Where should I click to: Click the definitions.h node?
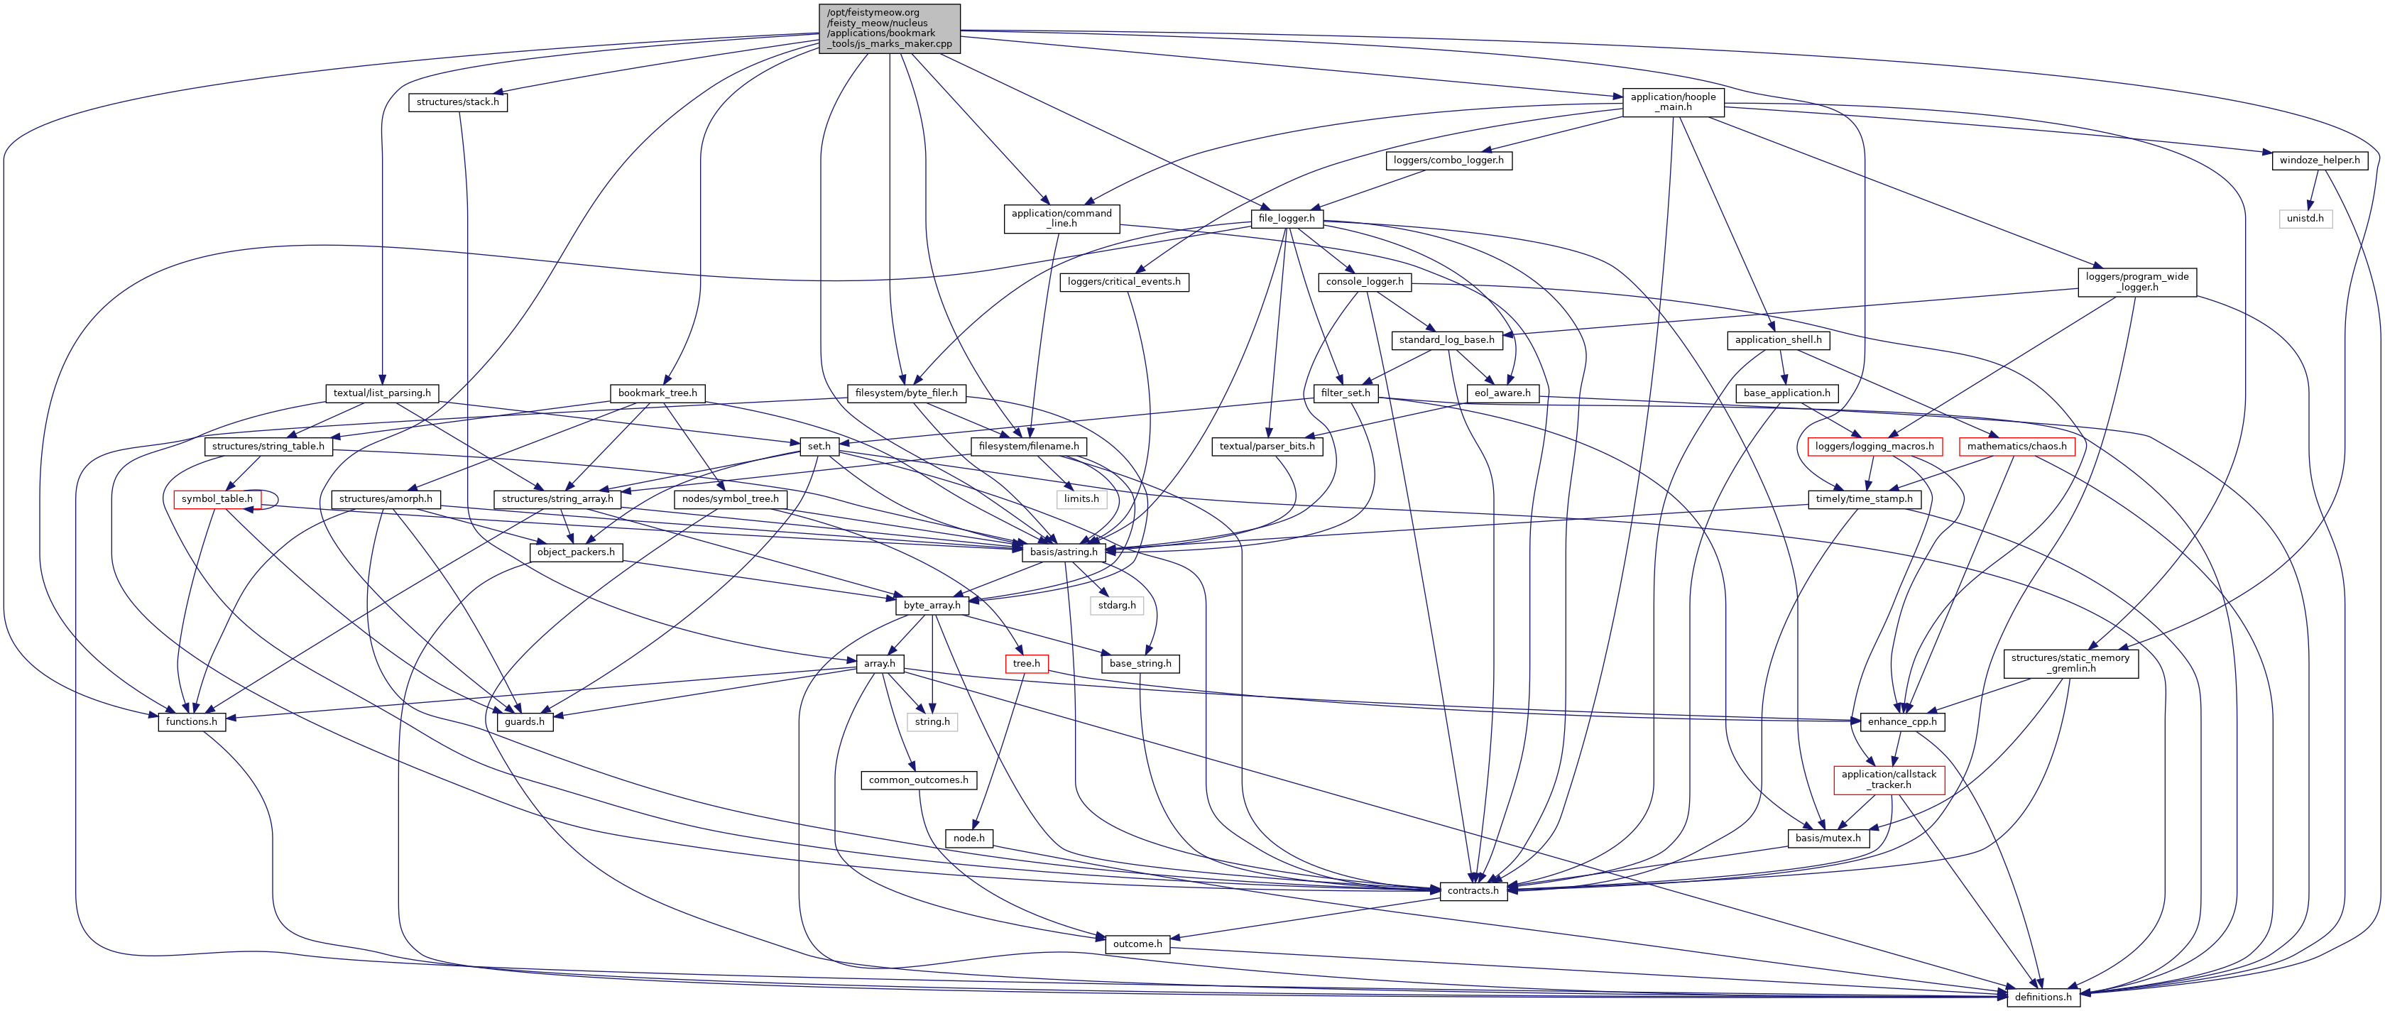(2043, 997)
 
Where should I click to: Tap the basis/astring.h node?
(1064, 552)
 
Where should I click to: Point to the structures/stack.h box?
(457, 102)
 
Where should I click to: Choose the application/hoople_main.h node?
(1673, 102)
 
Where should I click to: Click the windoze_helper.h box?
(2319, 160)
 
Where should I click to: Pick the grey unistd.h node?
(2305, 219)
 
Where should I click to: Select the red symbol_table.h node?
(217, 499)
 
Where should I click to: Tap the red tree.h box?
(1026, 663)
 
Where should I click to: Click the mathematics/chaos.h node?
(2016, 447)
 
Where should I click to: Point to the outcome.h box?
(1137, 944)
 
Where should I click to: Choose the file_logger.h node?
(1286, 219)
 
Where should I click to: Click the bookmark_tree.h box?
(657, 393)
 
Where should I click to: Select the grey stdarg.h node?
(1117, 605)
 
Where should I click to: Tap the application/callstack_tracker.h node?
(1889, 780)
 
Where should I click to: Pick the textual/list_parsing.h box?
(381, 393)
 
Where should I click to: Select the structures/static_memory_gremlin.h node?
(2072, 663)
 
